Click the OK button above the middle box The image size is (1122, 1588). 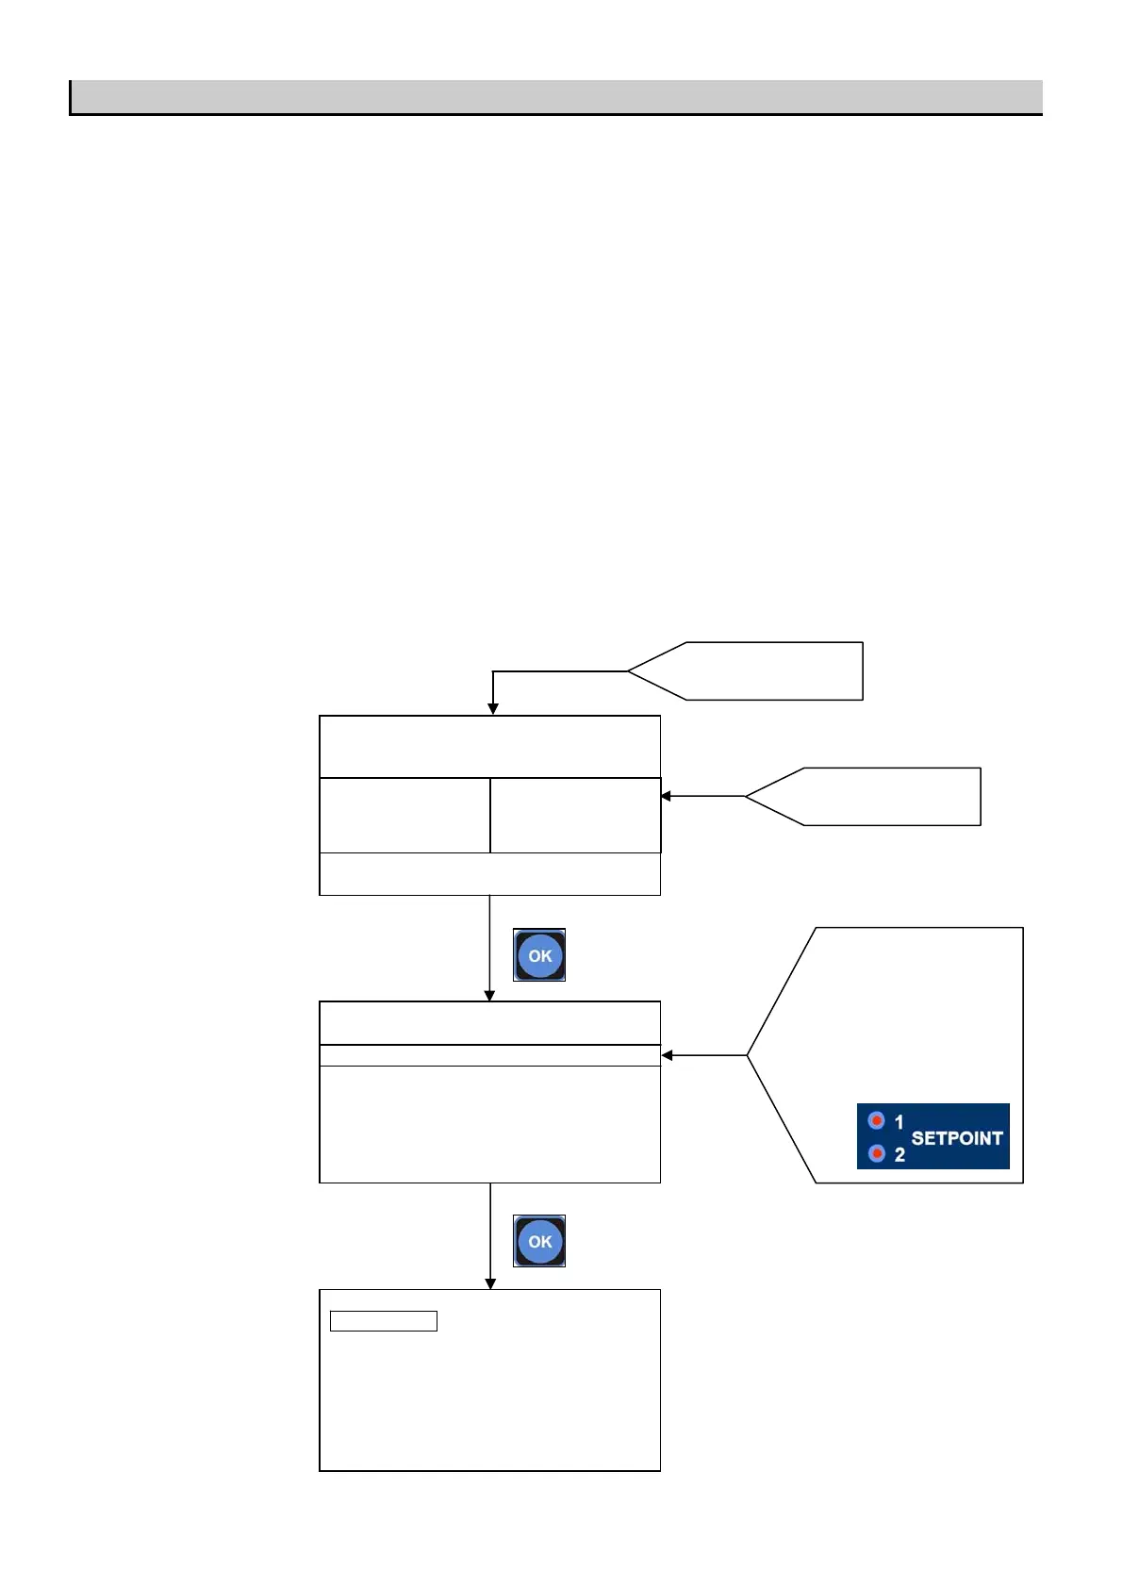point(539,955)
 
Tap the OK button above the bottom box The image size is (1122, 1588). point(539,1241)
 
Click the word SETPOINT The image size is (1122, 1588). point(956,1138)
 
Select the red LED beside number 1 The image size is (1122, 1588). point(877,1120)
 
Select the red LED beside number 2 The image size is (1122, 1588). point(877,1153)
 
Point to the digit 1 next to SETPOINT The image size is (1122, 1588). point(899,1121)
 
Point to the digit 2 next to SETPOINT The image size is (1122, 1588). point(899,1154)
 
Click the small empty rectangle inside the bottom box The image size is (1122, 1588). point(384,1320)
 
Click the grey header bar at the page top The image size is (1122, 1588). point(556,97)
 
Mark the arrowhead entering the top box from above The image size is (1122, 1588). point(492,709)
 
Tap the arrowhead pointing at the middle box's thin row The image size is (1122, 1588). point(668,1055)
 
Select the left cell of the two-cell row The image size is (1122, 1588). point(404,815)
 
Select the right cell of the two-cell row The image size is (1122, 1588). point(575,815)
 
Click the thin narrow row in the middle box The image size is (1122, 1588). point(489,1055)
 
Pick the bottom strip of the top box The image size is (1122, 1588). point(489,874)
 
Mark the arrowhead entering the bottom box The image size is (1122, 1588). point(490,1283)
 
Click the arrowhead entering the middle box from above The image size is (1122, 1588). point(489,996)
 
